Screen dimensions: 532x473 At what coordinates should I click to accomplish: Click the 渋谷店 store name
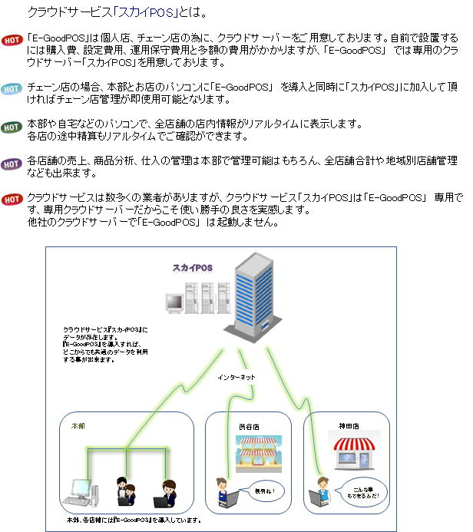[x=250, y=427]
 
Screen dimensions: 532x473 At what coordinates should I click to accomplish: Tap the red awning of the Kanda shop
[x=354, y=444]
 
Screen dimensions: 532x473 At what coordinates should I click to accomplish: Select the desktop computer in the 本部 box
[x=80, y=493]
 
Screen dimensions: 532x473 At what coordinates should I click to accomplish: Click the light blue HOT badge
[x=12, y=89]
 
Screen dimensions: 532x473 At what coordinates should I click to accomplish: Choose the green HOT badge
[x=12, y=127]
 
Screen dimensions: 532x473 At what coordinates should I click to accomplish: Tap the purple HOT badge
[x=12, y=164]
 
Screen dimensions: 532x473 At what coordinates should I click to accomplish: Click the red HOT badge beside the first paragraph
[x=12, y=40]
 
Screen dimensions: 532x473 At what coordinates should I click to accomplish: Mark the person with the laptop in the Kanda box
[x=321, y=492]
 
